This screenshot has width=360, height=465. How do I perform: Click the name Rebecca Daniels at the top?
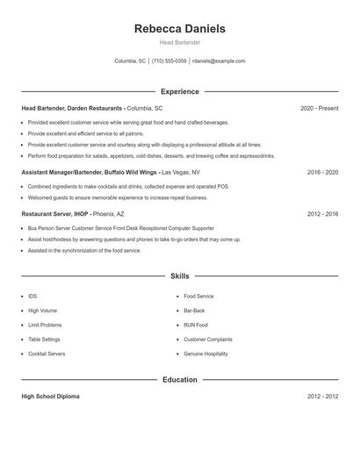(180, 29)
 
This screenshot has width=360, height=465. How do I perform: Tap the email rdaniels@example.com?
(219, 61)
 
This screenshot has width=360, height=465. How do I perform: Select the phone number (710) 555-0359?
(169, 61)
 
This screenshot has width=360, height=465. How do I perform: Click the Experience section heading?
(180, 91)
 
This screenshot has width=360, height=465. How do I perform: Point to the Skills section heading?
(180, 275)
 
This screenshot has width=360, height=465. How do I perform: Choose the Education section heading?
(180, 380)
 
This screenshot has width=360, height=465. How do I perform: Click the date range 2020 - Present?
(319, 108)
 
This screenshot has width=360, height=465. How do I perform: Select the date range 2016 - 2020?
(322, 172)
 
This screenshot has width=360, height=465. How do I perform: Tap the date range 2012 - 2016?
(322, 213)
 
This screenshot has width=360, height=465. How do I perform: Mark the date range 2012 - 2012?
(322, 397)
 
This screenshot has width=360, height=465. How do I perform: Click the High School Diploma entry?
(50, 397)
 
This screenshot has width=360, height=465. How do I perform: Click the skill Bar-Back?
(194, 311)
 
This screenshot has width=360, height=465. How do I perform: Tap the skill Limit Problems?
(45, 325)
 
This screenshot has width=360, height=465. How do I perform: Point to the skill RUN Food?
(196, 325)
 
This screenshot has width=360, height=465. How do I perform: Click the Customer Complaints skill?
(208, 339)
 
